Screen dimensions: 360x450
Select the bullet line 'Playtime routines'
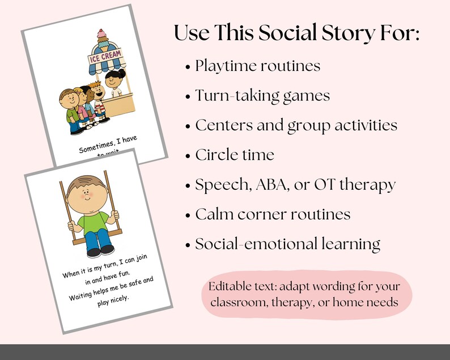[x=258, y=66]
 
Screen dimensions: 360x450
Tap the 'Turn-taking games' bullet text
[x=262, y=95]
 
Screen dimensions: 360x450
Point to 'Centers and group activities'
[x=296, y=125]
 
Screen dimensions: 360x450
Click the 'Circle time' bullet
[x=235, y=154]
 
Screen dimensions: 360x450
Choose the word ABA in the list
[x=277, y=184]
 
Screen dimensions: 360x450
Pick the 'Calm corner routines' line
[x=273, y=214]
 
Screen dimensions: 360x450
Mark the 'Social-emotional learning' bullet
[x=287, y=244]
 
